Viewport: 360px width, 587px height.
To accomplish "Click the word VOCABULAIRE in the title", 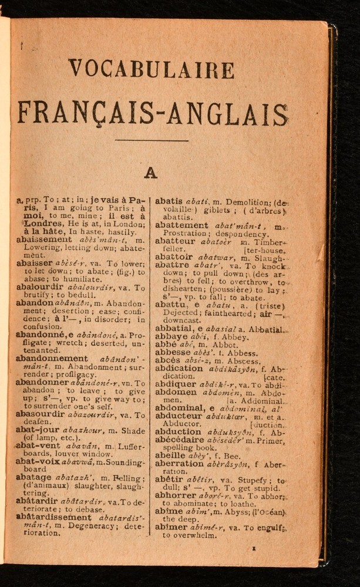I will point(150,69).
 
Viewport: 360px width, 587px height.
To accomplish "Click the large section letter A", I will point(151,173).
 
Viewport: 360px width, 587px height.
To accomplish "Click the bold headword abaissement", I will point(44,239).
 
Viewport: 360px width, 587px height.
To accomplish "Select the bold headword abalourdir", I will point(41,288).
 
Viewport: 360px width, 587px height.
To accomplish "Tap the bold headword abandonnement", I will point(52,358).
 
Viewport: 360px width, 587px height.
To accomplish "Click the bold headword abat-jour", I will point(36,430).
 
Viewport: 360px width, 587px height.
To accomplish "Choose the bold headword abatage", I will point(34,479).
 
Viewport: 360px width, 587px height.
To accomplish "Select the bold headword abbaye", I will point(171,336).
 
